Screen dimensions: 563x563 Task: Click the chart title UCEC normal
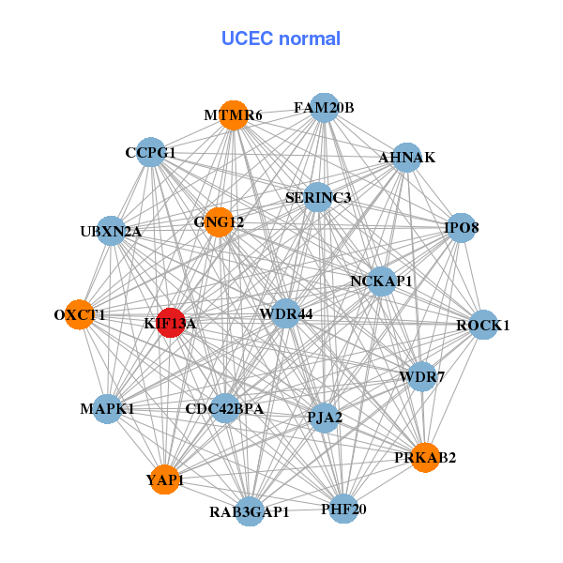(281, 38)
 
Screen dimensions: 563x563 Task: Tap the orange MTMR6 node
(233, 114)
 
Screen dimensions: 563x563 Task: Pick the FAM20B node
(323, 108)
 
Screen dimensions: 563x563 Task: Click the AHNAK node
(406, 158)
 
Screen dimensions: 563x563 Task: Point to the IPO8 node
(461, 228)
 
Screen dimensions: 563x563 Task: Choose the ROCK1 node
(483, 325)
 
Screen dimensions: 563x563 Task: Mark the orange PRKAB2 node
(425, 457)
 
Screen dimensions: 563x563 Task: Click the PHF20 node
(343, 509)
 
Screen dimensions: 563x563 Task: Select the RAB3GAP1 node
(250, 511)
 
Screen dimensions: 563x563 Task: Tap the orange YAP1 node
(164, 479)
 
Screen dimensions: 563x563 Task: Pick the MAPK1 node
(108, 408)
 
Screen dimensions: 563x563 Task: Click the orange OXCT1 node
(80, 314)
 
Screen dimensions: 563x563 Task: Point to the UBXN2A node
(111, 231)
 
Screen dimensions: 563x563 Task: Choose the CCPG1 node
(151, 152)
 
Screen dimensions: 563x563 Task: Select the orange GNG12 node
(218, 222)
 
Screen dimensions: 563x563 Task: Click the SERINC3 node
(318, 197)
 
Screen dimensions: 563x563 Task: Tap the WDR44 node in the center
(286, 313)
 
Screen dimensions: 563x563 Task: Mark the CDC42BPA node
(224, 408)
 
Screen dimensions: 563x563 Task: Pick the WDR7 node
(421, 377)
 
